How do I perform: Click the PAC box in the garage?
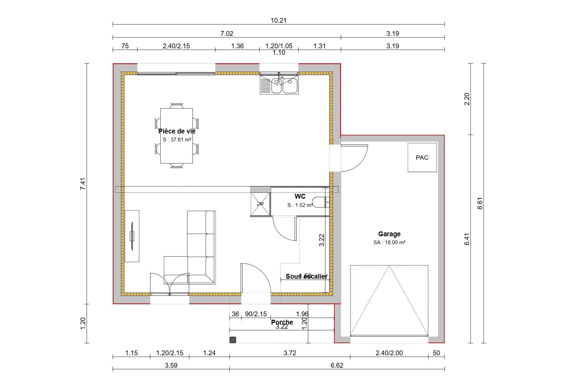[x=422, y=157]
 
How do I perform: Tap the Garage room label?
[x=389, y=234]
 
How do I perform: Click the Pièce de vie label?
[x=177, y=131]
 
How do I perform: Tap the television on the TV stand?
[x=132, y=236]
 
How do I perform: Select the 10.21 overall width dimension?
[x=278, y=20]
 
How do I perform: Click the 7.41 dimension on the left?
[x=82, y=183]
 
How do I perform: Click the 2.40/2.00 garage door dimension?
[x=389, y=353]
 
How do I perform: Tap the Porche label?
[x=282, y=322]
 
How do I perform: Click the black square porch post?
[x=233, y=340]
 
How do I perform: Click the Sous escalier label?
[x=306, y=276]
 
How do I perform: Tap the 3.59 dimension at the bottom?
[x=171, y=365]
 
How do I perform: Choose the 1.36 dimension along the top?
[x=237, y=46]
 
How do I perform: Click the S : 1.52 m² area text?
[x=300, y=205]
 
